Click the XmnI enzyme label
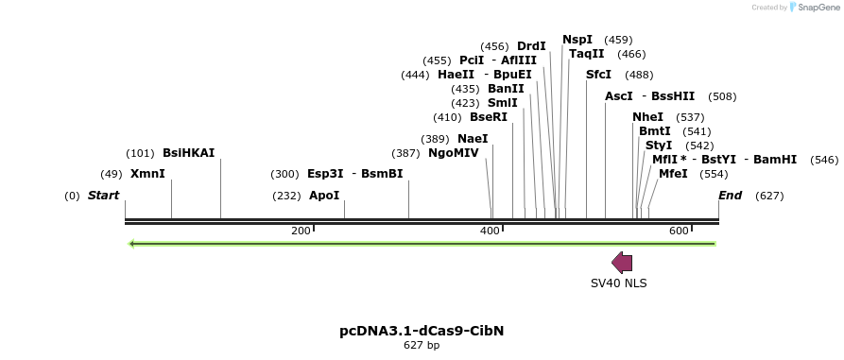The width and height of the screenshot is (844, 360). pyautogui.click(x=147, y=174)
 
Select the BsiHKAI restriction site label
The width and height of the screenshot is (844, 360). pyautogui.click(x=189, y=153)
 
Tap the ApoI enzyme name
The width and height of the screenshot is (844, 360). pyautogui.click(x=324, y=196)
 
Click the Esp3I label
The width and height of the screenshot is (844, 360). pyautogui.click(x=325, y=174)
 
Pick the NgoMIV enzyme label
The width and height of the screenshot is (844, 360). pyautogui.click(x=454, y=153)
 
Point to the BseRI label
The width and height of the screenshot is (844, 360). pyautogui.click(x=489, y=117)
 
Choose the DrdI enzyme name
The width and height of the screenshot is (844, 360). pyautogui.click(x=531, y=46)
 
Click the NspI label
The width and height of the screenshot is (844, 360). pyautogui.click(x=577, y=40)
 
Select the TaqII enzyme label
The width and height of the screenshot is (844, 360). pyautogui.click(x=586, y=54)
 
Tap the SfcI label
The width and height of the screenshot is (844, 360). pyautogui.click(x=599, y=75)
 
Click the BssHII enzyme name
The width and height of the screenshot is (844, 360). pyautogui.click(x=673, y=96)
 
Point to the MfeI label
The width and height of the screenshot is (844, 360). pyautogui.click(x=673, y=174)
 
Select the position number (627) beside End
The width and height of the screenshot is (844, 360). pyautogui.click(x=769, y=196)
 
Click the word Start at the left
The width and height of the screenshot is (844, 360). pyautogui.click(x=104, y=196)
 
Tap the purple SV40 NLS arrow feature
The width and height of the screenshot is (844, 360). pyautogui.click(x=622, y=263)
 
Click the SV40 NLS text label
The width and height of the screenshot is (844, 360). pyautogui.click(x=619, y=283)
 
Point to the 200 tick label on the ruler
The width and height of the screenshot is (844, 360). pyautogui.click(x=301, y=231)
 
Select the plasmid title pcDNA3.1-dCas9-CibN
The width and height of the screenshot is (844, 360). pyautogui.click(x=422, y=331)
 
